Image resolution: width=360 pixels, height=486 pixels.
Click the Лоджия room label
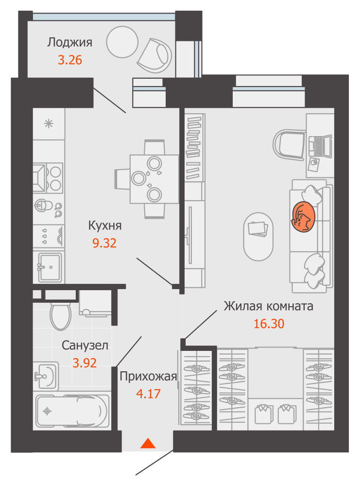(x=69, y=42)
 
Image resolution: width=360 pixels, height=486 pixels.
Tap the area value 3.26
(x=69, y=60)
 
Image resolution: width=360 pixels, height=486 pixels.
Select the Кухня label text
(x=105, y=226)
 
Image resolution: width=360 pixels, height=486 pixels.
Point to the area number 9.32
(x=105, y=243)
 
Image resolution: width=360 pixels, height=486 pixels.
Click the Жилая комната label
(x=268, y=307)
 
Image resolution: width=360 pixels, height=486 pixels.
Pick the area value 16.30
(x=269, y=324)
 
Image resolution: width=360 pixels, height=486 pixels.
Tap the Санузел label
(x=85, y=345)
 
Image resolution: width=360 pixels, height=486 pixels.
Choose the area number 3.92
(x=85, y=362)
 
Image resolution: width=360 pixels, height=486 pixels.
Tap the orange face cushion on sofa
(x=303, y=217)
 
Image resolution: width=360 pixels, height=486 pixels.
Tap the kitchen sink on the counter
(x=50, y=266)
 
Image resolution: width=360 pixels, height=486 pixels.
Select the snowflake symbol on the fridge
(x=49, y=123)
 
